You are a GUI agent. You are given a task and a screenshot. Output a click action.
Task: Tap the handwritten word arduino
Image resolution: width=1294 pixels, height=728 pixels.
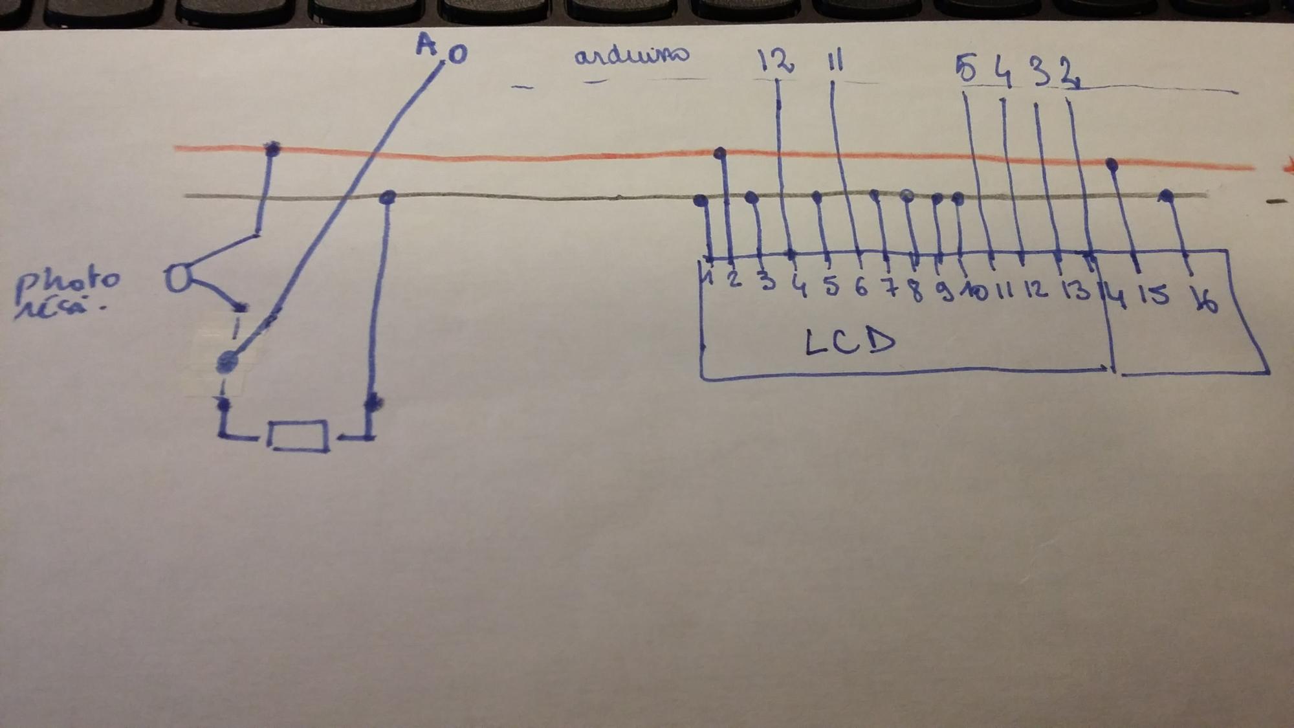(x=631, y=56)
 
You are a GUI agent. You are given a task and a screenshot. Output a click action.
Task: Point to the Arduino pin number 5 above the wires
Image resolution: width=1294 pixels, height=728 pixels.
(x=966, y=69)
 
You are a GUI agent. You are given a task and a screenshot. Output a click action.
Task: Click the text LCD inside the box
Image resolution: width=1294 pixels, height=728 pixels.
(x=850, y=342)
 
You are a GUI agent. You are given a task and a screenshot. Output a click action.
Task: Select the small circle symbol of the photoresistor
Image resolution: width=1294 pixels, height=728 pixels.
(x=177, y=278)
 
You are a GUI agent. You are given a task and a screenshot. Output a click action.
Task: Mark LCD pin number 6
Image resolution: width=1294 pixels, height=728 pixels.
(x=861, y=287)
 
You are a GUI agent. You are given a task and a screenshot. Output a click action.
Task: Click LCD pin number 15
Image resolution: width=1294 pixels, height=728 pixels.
(x=1154, y=295)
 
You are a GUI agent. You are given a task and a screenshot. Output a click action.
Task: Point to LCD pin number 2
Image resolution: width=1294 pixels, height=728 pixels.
(x=734, y=280)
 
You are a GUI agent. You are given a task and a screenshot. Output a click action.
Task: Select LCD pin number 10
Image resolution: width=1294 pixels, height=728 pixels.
(x=974, y=291)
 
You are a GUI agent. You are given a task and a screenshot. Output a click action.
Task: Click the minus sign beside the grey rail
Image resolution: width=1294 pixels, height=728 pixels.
(x=1275, y=202)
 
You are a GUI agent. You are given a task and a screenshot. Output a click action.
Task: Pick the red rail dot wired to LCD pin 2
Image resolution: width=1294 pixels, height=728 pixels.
(x=719, y=153)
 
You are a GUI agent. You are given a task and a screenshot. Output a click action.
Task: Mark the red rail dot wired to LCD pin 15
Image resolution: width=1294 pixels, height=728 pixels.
(x=1112, y=164)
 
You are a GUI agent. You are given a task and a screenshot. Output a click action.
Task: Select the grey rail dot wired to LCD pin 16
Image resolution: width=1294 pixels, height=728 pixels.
(x=1166, y=195)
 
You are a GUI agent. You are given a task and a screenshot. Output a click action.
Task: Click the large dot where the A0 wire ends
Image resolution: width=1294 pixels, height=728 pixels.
(x=226, y=362)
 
